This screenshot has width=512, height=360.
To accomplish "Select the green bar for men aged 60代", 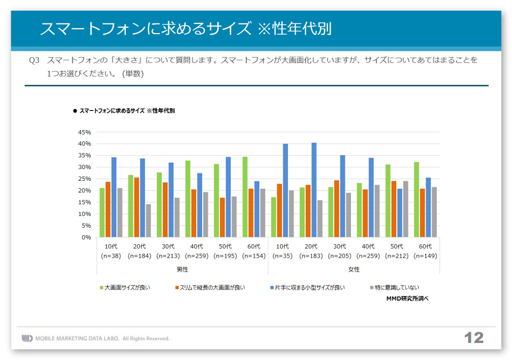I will (x=245, y=197).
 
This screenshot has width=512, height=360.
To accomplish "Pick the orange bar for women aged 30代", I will (x=337, y=209).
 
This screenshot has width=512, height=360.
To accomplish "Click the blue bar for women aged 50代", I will (x=399, y=213).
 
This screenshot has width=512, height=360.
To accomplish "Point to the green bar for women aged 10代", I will (x=274, y=217).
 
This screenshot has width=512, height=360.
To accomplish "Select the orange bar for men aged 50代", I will (x=222, y=217).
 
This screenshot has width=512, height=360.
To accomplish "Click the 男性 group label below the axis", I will (x=182, y=269).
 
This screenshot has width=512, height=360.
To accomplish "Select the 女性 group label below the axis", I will (x=354, y=269).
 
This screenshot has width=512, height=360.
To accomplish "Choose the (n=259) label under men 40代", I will (x=197, y=256).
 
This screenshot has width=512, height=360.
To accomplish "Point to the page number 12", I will (x=474, y=338).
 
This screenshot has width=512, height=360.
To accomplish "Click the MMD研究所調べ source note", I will (x=407, y=299).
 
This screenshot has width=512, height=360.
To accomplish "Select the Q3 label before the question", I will (x=35, y=61).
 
